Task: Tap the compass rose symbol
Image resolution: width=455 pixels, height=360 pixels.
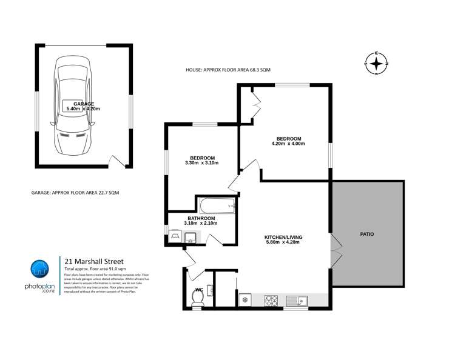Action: pyautogui.click(x=376, y=62)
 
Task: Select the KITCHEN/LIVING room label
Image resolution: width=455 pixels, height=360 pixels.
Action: pyautogui.click(x=283, y=236)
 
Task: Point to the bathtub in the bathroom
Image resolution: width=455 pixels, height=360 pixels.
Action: pyautogui.click(x=216, y=206)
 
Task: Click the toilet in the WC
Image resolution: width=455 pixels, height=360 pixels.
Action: pyautogui.click(x=198, y=296)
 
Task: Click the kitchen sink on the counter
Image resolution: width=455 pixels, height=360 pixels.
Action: pyautogui.click(x=297, y=299)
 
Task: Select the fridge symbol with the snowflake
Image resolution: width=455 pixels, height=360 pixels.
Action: pyautogui.click(x=245, y=299)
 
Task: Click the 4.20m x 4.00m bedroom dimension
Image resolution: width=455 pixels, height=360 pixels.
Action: pyautogui.click(x=288, y=144)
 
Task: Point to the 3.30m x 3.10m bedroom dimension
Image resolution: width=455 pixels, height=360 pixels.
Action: pyautogui.click(x=201, y=163)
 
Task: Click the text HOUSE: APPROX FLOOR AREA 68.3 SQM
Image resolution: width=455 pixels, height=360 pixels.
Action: pyautogui.click(x=228, y=70)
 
